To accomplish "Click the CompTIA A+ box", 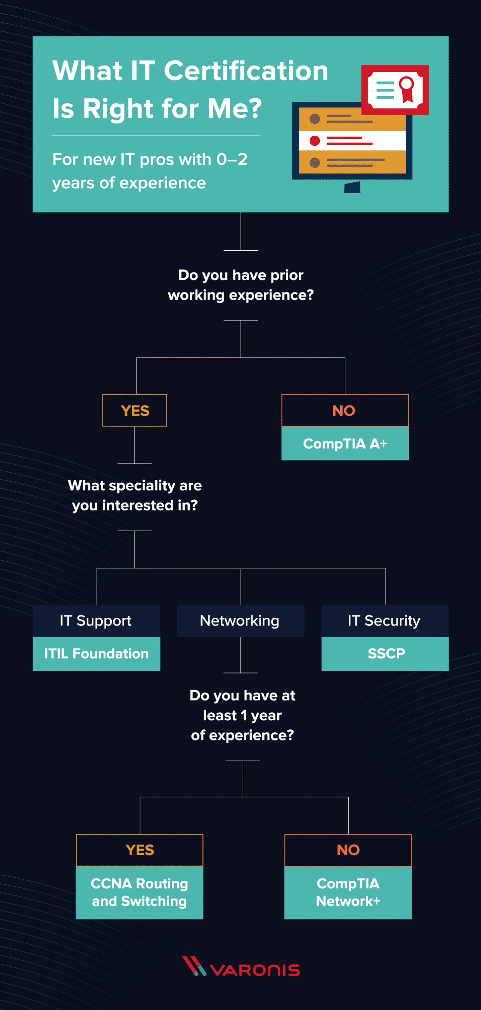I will [x=345, y=443].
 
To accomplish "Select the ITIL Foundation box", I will [x=97, y=653].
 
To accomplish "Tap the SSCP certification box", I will [x=385, y=653].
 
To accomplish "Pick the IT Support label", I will [x=97, y=621].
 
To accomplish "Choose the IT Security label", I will [x=384, y=621].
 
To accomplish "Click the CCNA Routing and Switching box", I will [x=140, y=892].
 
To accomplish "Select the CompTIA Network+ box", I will [x=348, y=892].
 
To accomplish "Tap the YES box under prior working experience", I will [x=135, y=411].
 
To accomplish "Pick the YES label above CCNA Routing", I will [x=140, y=850].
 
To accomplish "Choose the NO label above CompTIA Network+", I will [x=348, y=850].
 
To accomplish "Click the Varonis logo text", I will [x=255, y=970].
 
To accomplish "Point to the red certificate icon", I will [x=395, y=90].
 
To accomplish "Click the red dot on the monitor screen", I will [x=315, y=141].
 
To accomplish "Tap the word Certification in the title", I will [x=246, y=71].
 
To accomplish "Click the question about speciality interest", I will [x=135, y=495].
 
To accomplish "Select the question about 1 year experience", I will [x=242, y=715].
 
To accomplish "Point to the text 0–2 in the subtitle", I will [x=232, y=159].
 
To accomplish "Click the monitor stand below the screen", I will [x=353, y=187].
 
